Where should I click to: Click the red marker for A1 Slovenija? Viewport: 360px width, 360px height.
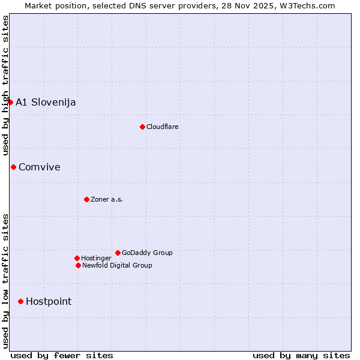[x=10, y=102]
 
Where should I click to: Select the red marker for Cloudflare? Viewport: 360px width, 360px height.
[x=142, y=127]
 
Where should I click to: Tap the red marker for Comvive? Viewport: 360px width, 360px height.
[x=13, y=167]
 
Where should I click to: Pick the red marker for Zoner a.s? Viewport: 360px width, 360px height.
[x=86, y=199]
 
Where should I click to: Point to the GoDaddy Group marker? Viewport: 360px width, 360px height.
[x=118, y=253]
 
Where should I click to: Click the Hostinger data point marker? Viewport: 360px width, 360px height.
[x=77, y=258]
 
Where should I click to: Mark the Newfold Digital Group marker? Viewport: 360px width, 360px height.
[x=78, y=265]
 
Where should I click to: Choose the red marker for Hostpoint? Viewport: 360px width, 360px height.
[x=20, y=301]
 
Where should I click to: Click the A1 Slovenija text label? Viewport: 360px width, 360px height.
[x=46, y=102]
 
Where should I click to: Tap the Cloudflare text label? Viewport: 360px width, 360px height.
[x=163, y=127]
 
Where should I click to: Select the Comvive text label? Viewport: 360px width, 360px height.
[x=40, y=167]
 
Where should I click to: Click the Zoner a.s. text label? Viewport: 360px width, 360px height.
[x=107, y=199]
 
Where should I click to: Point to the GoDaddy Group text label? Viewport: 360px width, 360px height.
[x=147, y=253]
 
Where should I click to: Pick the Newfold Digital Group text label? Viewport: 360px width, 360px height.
[x=117, y=265]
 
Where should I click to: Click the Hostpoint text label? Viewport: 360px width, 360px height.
[x=49, y=301]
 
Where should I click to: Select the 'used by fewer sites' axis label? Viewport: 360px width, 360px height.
[x=62, y=355]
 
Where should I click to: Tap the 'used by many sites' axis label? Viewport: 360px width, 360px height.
[x=301, y=355]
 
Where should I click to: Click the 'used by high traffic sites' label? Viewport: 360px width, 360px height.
[x=5, y=85]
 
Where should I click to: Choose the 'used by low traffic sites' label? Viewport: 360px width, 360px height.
[x=5, y=281]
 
